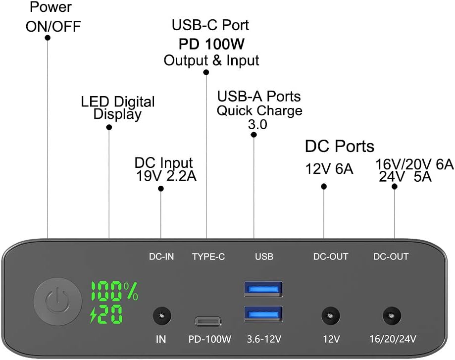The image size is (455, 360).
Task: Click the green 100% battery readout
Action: [x=114, y=292]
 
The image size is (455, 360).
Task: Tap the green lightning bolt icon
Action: [x=94, y=314]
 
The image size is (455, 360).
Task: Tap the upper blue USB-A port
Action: [x=263, y=289]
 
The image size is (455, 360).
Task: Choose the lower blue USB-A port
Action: [x=263, y=313]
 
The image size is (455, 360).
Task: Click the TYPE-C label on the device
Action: [x=208, y=257]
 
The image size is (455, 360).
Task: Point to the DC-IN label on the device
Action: [x=161, y=257]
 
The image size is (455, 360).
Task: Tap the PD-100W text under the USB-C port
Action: [x=210, y=340]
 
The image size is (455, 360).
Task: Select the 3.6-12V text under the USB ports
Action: [x=264, y=340]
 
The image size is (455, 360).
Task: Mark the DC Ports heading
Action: [x=339, y=146]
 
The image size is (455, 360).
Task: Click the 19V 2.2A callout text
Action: [x=166, y=175]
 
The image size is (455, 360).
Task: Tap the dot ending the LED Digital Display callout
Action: [x=109, y=127]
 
